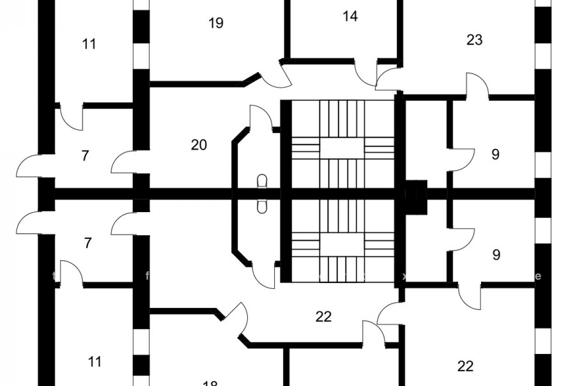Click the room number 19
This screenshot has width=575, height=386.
click(216, 24)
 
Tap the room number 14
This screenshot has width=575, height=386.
click(350, 17)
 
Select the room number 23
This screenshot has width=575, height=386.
click(474, 40)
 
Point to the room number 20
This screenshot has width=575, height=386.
click(199, 145)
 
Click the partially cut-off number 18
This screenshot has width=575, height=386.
click(210, 383)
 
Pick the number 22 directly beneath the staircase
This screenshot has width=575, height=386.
click(324, 316)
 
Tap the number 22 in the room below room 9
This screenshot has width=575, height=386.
click(466, 366)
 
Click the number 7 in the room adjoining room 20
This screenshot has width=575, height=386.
click(85, 156)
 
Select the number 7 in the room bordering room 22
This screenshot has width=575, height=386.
click(88, 243)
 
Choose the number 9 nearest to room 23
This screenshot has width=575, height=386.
click(496, 155)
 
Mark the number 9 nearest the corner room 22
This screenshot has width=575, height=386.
click(496, 255)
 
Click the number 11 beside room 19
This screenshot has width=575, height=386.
click(89, 44)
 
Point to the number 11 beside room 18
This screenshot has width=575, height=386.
click(95, 362)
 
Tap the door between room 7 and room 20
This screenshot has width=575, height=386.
click(124, 161)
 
